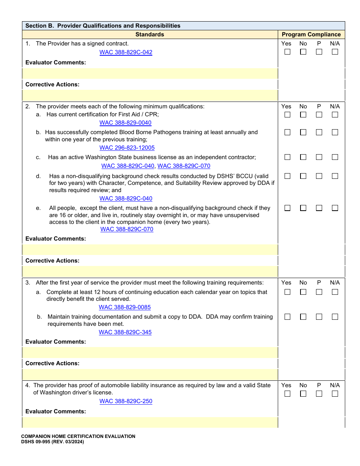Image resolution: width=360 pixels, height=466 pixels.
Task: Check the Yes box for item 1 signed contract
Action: tap(287, 52)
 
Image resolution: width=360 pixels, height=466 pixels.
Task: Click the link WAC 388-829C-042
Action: tap(126, 52)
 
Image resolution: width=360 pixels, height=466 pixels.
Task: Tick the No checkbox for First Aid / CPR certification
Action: tap(303, 114)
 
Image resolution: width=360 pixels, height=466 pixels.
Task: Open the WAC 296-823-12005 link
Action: tap(127, 148)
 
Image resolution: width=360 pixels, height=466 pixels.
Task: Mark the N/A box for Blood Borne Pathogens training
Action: tap(335, 132)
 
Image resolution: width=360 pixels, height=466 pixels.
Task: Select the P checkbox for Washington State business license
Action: tap(319, 157)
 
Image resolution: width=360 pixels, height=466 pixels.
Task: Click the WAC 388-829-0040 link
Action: tap(125, 123)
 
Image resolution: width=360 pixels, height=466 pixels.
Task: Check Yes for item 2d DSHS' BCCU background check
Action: tap(287, 176)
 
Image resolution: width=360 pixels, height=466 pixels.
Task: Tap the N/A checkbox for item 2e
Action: tap(335, 208)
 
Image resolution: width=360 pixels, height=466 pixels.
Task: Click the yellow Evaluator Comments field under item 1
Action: tap(150, 73)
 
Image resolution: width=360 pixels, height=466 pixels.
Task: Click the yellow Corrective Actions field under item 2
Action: tap(150, 271)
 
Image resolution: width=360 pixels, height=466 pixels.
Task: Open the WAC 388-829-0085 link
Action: tap(125, 307)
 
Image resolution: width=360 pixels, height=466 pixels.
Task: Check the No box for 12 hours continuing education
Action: tap(303, 292)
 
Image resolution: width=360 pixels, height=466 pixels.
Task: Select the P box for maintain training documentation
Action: tap(319, 317)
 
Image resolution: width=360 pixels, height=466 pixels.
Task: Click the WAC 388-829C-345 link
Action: tap(125, 332)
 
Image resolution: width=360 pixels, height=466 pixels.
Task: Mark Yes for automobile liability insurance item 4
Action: tap(287, 394)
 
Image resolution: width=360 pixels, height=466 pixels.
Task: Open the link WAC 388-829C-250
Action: tap(126, 401)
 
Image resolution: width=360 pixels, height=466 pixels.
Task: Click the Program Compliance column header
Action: tap(311, 34)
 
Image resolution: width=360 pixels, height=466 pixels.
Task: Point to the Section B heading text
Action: tap(103, 26)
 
